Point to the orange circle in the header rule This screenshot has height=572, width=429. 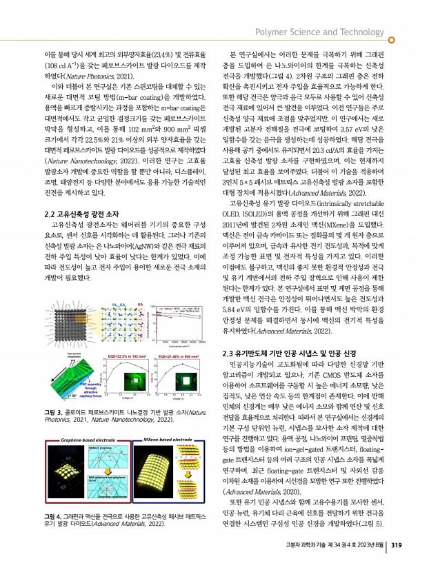(x=392, y=40)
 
